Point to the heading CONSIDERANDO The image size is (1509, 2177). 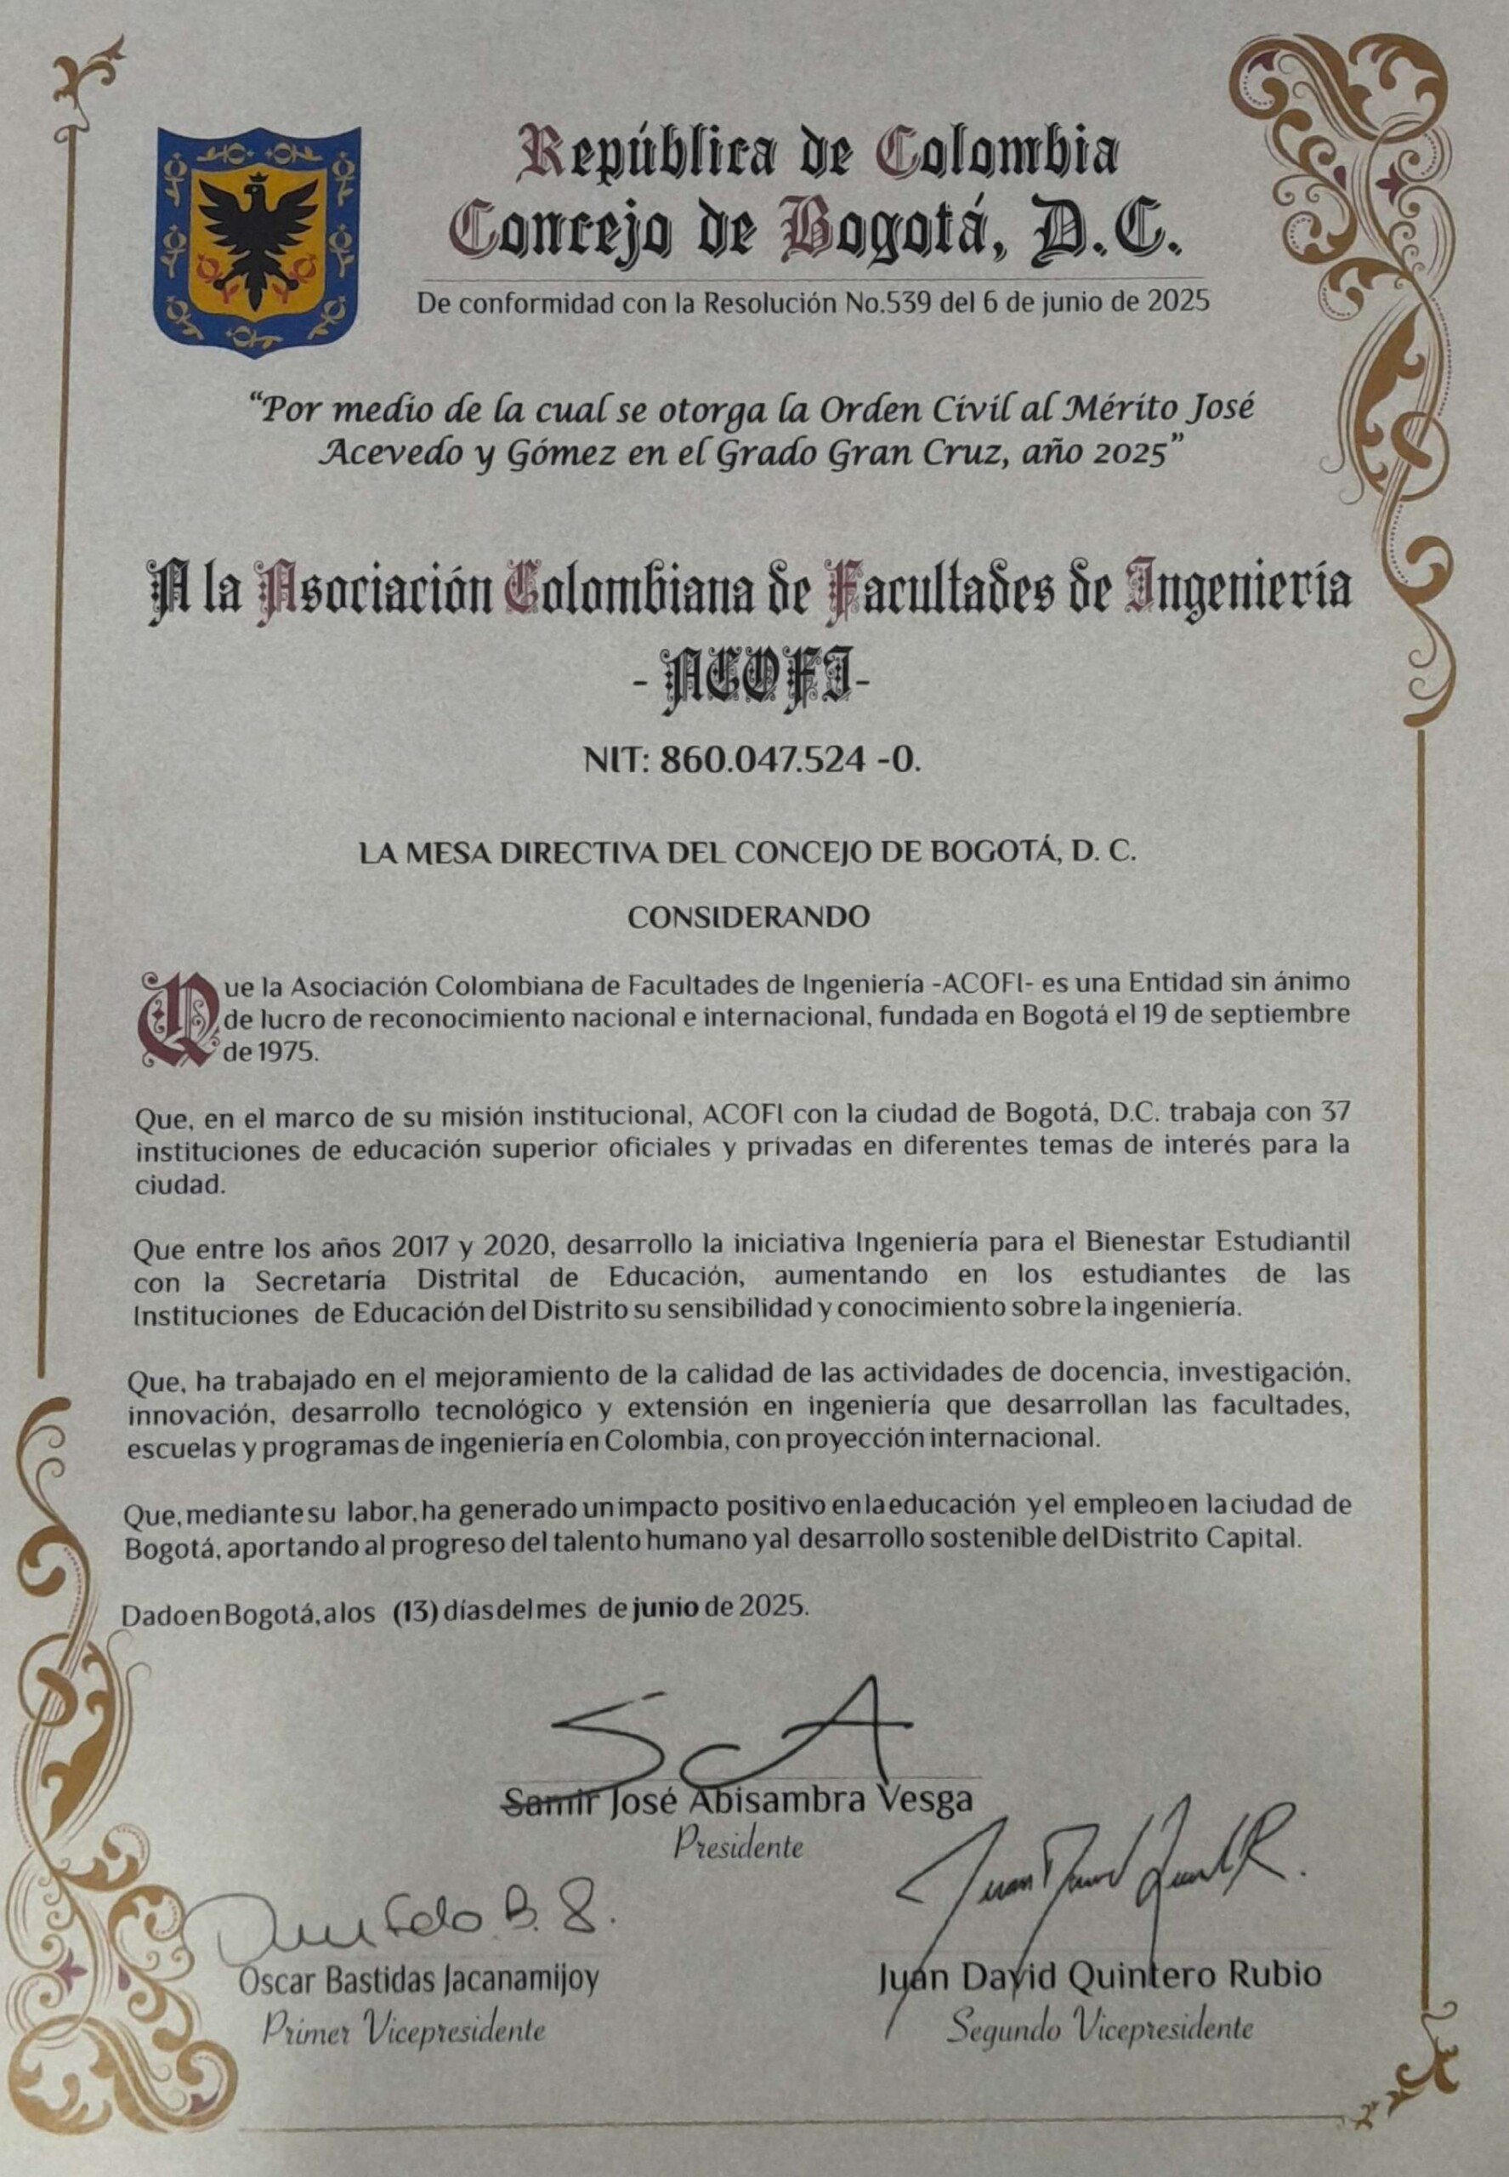[749, 918]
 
